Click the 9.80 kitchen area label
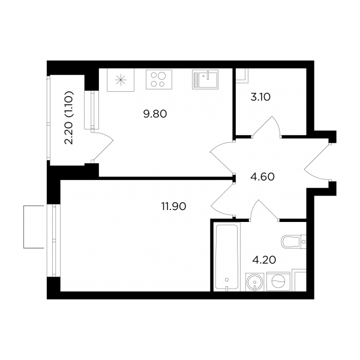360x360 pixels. (x=155, y=114)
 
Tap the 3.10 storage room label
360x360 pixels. (x=260, y=97)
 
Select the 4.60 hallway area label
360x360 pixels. (x=263, y=177)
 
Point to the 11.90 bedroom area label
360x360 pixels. (x=173, y=206)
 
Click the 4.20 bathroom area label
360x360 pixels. (x=264, y=260)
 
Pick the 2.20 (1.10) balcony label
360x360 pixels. (x=69, y=118)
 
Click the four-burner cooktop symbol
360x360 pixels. (x=159, y=79)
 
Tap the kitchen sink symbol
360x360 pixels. (x=205, y=79)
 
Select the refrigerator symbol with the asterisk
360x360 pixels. (x=121, y=80)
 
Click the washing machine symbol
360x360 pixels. (x=278, y=281)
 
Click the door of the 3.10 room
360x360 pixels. (x=266, y=125)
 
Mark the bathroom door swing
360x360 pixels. (x=264, y=209)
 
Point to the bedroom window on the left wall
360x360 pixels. (x=54, y=241)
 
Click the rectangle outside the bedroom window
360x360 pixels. (x=34, y=227)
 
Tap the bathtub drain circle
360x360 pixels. (x=227, y=280)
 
